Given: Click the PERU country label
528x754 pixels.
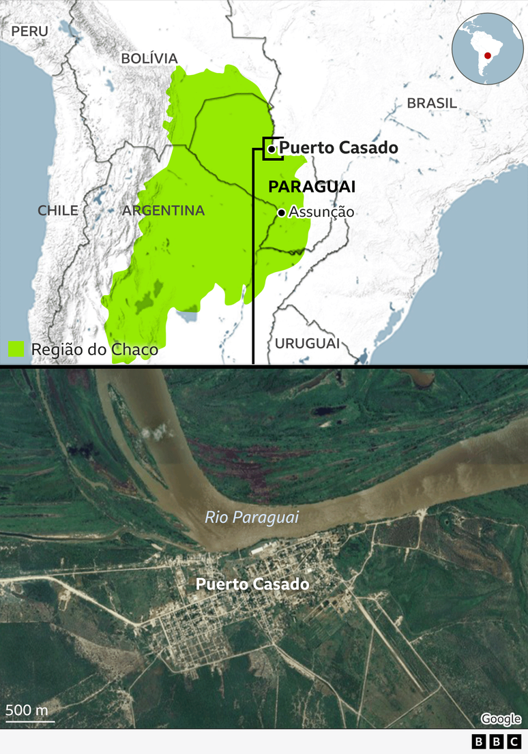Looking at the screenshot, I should point(30,31).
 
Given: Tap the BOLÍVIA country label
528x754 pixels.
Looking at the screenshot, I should point(149,59).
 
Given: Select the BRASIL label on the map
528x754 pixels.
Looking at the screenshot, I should point(432,104).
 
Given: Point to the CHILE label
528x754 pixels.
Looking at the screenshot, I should point(57,210).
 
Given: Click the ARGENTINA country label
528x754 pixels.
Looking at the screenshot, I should point(164,211).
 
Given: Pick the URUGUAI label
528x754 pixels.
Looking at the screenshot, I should point(307,343).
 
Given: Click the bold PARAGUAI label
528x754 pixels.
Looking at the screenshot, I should point(312,187).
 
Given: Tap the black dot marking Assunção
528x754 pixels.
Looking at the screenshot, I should point(281,213).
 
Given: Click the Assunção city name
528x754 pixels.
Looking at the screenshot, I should point(321,212).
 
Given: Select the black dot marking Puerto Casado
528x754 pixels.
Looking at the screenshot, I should point(272,149).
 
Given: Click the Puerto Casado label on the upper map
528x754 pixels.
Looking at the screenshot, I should point(338,147).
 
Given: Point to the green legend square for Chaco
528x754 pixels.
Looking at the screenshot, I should point(16,349).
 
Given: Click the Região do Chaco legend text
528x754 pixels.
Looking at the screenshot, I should point(94,350).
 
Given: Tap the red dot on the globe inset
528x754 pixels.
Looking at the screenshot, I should point(488,56).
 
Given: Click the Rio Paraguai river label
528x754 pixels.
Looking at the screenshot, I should point(252,517).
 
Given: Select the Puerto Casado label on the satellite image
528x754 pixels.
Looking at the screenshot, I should point(252,584).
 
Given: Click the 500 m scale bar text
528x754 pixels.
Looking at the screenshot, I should point(27,710).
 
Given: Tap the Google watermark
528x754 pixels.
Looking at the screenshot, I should point(501,719).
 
